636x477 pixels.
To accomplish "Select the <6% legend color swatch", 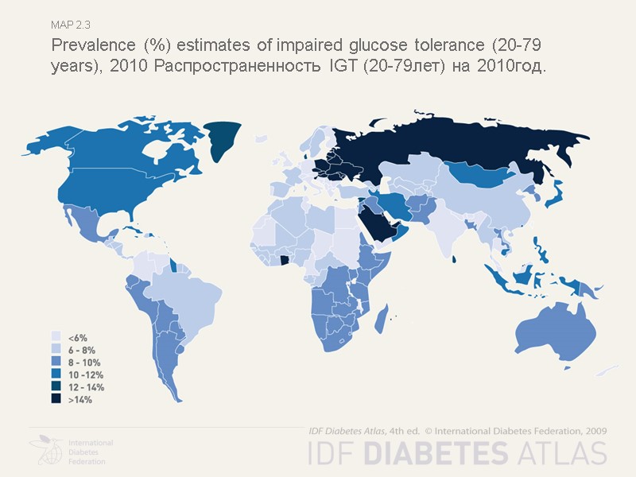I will point(56,336).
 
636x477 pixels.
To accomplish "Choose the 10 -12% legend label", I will point(86,374).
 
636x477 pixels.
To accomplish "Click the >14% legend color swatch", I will point(56,400).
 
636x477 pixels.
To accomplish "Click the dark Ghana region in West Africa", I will point(284,260).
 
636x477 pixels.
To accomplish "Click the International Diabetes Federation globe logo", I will point(46,451).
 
